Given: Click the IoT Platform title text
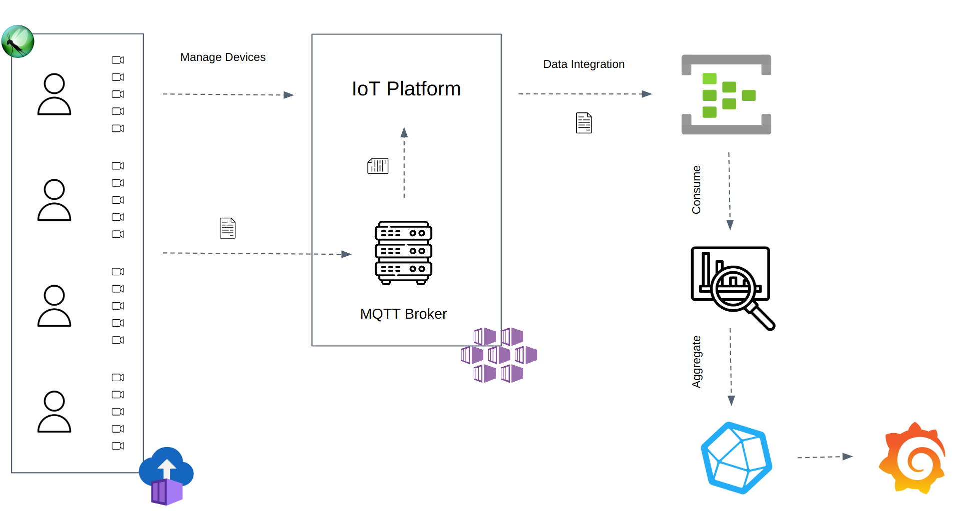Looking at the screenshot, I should [406, 89].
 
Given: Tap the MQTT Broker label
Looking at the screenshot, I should [403, 314].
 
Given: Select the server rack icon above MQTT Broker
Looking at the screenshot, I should [403, 253].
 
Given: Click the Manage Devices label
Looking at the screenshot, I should [223, 57].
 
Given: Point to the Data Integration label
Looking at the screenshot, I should [584, 64].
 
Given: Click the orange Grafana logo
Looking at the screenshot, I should [912, 458].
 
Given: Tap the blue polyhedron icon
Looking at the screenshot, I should [736, 458].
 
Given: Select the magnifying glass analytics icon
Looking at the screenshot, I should [732, 287].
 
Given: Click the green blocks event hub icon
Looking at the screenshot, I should [726, 95].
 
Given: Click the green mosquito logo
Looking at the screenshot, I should [18, 41].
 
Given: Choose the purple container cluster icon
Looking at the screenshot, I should [499, 355].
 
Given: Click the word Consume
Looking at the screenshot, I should [696, 190].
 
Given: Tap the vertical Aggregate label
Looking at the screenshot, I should [696, 362].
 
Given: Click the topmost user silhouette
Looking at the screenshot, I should [54, 94].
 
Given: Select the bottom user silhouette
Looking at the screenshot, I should [54, 412].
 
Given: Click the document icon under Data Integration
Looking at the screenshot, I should [584, 123].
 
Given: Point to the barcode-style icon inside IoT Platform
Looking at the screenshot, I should [378, 166].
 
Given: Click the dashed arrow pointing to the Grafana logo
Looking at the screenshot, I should [825, 457].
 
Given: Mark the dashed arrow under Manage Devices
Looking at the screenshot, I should [228, 94].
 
